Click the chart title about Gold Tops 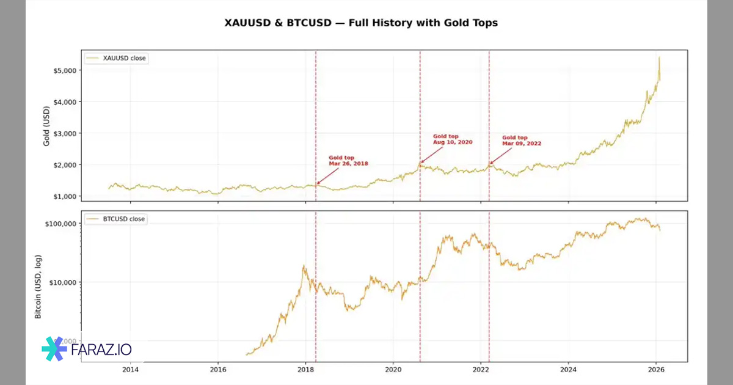pos(362,23)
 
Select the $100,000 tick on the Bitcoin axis pos(60,224)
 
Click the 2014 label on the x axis pos(130,369)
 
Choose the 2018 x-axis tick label pos(305,369)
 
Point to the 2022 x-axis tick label pos(481,369)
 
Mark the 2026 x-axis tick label pos(656,369)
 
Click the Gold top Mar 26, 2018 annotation pos(348,161)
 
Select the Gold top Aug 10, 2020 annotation pos(453,139)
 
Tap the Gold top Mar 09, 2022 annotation pos(521,141)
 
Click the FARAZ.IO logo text pos(101,350)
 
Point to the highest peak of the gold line pos(659,57)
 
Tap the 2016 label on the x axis pos(218,369)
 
